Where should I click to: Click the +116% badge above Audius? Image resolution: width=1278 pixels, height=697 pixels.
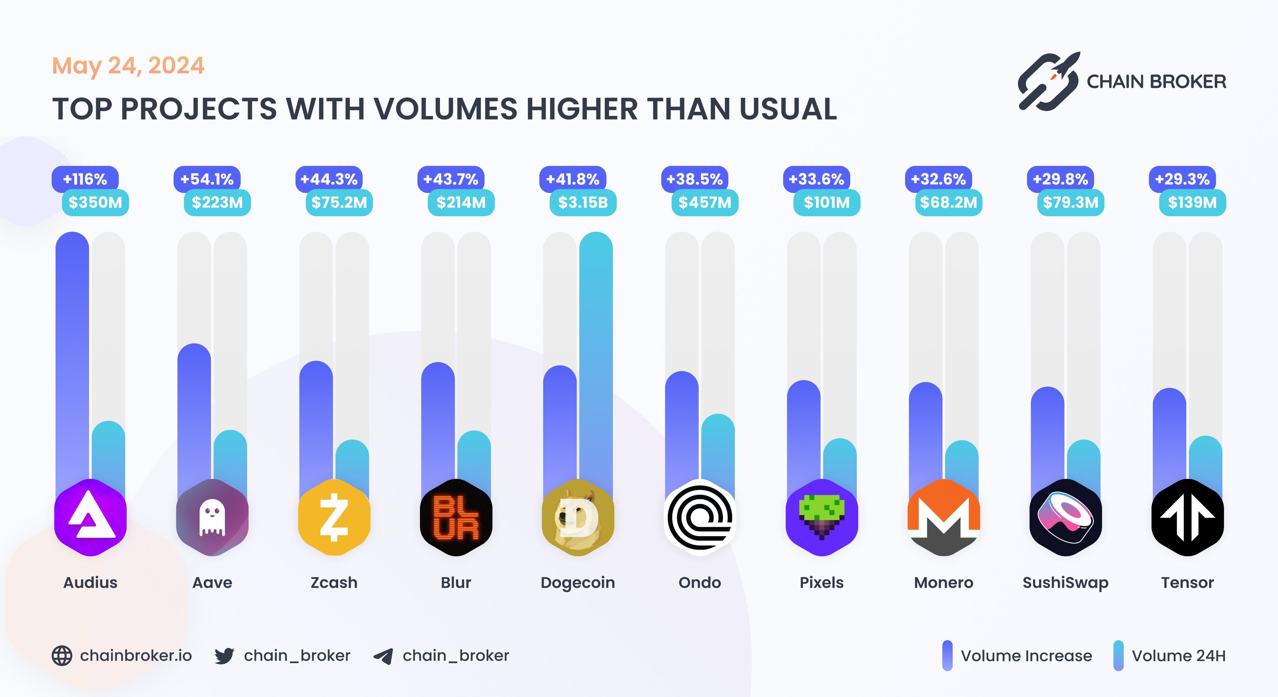(x=85, y=179)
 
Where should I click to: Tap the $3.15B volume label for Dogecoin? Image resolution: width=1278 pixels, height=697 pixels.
(x=583, y=202)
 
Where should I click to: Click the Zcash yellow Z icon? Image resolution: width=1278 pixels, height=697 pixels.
(x=334, y=517)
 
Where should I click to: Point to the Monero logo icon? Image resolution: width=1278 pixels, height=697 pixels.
(x=944, y=517)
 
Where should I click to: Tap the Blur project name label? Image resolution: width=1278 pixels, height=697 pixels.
(x=456, y=582)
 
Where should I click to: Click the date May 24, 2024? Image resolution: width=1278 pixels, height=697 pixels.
(x=128, y=66)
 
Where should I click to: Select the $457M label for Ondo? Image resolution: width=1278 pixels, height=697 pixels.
(x=705, y=202)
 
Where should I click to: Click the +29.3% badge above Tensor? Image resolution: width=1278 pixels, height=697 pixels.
(x=1182, y=179)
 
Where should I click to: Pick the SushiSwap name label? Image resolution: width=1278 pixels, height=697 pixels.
(x=1065, y=582)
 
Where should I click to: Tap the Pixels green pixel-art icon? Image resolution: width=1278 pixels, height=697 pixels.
(x=822, y=517)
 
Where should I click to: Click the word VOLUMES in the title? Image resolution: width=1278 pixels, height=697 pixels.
(x=445, y=109)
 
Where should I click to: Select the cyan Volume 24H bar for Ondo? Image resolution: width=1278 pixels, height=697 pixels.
(x=718, y=451)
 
